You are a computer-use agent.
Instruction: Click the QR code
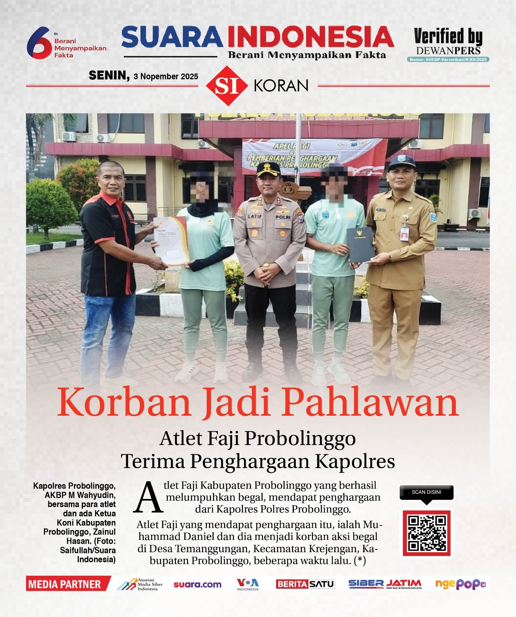pyautogui.click(x=427, y=533)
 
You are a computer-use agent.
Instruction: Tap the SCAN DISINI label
pyautogui.click(x=426, y=492)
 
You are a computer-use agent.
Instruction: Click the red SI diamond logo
pyautogui.click(x=226, y=86)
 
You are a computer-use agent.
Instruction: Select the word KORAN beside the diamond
pyautogui.click(x=281, y=86)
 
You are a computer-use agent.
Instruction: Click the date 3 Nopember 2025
pyautogui.click(x=166, y=76)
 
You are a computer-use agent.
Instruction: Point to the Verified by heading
pyautogui.click(x=448, y=37)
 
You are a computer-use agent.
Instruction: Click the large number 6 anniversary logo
pyautogui.click(x=39, y=42)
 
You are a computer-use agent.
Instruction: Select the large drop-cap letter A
pyautogui.click(x=148, y=498)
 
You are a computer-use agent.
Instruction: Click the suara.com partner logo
pyautogui.click(x=197, y=585)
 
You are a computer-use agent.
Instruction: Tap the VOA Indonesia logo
pyautogui.click(x=248, y=584)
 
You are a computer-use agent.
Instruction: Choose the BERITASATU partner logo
pyautogui.click(x=305, y=584)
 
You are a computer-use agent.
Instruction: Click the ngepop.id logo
pyautogui.click(x=460, y=584)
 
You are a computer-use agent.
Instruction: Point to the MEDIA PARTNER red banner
pyautogui.click(x=65, y=584)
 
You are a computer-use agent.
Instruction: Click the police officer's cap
pyautogui.click(x=269, y=169)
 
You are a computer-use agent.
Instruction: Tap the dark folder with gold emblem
pyautogui.click(x=360, y=244)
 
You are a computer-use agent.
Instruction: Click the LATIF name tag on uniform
pyautogui.click(x=255, y=216)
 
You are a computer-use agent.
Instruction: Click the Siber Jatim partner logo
pyautogui.click(x=385, y=584)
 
